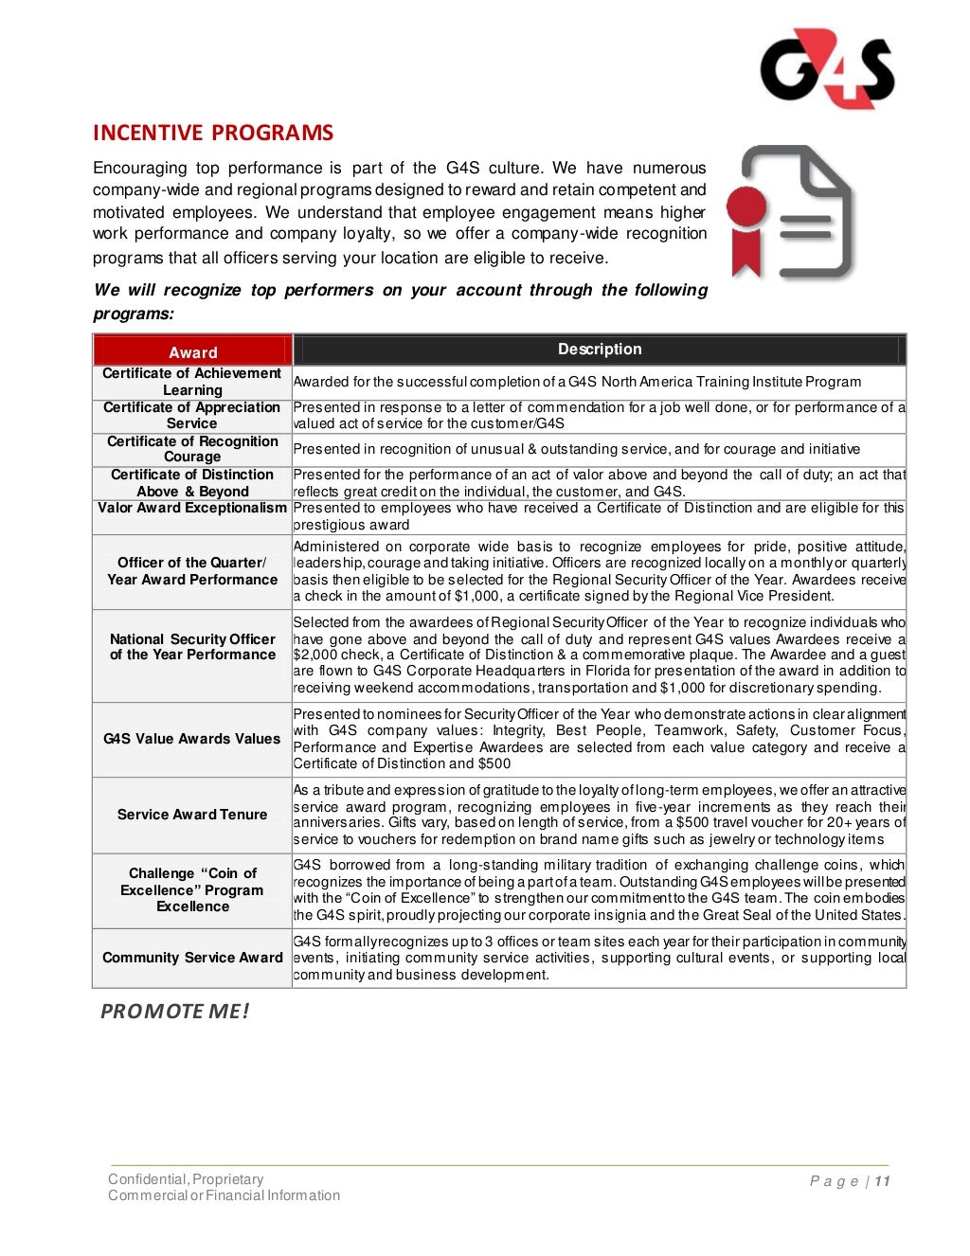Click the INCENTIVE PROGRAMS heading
click(x=213, y=133)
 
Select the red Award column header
click(x=192, y=351)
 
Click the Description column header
click(x=599, y=350)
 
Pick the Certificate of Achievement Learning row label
click(x=192, y=382)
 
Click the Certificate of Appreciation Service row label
click(x=192, y=415)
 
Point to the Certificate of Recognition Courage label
click(x=192, y=449)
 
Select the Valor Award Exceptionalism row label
click(x=192, y=509)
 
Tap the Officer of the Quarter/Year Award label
click(x=192, y=571)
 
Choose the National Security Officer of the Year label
click(x=192, y=647)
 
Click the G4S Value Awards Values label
click(x=192, y=739)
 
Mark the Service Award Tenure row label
click(x=192, y=815)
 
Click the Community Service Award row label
click(x=192, y=958)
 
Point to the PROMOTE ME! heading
click(x=175, y=1012)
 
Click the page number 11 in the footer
click(x=882, y=1181)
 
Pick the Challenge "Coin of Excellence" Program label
click(x=192, y=889)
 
